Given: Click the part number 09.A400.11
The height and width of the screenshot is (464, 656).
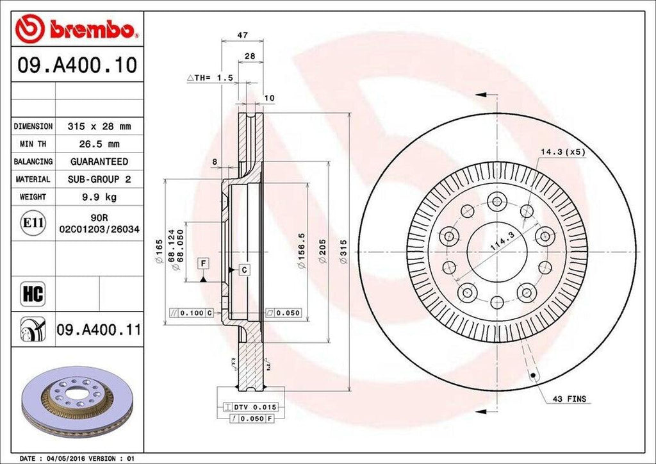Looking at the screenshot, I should point(99,330).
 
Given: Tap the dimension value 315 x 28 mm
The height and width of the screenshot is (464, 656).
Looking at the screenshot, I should point(99,127).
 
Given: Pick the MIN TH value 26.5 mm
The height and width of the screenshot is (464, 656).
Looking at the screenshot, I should point(99,144).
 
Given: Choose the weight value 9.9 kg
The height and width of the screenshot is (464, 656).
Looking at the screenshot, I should point(99,197).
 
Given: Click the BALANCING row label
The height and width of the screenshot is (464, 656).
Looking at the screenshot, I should point(33,162).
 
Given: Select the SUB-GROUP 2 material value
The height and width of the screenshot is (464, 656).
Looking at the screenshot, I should point(99,179).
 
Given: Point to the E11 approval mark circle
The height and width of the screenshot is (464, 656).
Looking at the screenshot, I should point(33,223).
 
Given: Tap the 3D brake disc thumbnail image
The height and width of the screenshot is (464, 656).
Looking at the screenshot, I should point(76,401).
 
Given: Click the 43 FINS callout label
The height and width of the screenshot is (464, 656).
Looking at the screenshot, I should point(569,399).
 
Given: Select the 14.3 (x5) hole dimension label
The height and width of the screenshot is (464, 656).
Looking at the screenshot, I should point(562,152).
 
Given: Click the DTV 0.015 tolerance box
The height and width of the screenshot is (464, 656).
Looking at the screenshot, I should point(251,407).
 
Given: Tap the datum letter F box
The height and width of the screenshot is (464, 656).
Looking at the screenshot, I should point(203,263).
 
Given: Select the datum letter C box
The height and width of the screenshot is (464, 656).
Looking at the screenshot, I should point(244,270).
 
